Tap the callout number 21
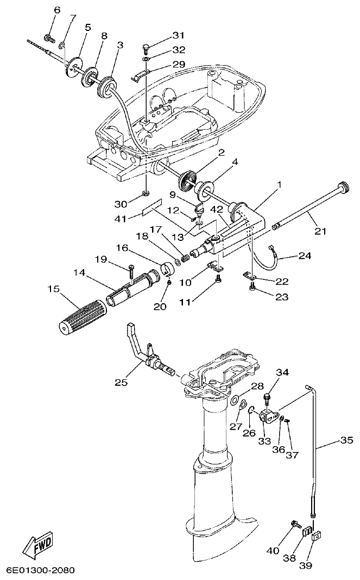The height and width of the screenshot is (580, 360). tap(320, 231)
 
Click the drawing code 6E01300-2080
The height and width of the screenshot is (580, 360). tap(40, 570)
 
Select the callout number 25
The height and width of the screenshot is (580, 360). tap(121, 383)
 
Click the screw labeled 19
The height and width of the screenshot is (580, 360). tap(131, 269)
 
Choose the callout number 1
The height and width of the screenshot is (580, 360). tap(279, 186)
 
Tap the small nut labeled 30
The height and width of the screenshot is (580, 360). tap(146, 193)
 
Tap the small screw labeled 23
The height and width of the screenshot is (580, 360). tap(251, 288)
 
